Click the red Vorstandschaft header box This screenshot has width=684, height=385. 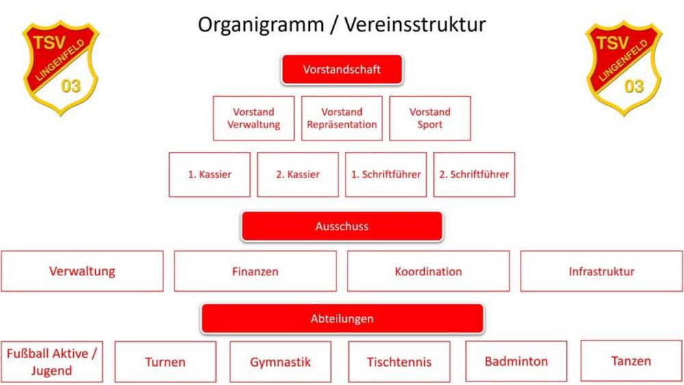(342, 69)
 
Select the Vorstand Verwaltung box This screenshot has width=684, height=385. (254, 119)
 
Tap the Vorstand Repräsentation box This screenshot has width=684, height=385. (341, 119)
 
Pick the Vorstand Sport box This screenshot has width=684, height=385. (430, 119)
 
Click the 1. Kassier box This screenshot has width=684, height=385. (209, 175)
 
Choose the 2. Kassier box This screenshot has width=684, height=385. (298, 175)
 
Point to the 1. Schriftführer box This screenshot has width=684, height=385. (386, 175)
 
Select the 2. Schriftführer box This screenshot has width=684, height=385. (474, 175)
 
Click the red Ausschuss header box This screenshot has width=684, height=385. (342, 226)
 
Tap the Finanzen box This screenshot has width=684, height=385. (255, 271)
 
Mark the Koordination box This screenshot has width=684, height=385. (428, 271)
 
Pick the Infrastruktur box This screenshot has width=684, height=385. (601, 271)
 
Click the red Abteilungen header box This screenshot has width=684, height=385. (342, 319)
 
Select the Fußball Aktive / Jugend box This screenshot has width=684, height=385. (51, 362)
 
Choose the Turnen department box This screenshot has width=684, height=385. (166, 362)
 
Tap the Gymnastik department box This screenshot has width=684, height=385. (280, 362)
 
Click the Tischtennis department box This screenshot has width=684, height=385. (399, 362)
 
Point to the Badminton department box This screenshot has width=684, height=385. (516, 362)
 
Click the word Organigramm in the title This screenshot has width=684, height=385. (261, 25)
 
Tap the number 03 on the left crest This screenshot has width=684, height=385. (70, 86)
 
